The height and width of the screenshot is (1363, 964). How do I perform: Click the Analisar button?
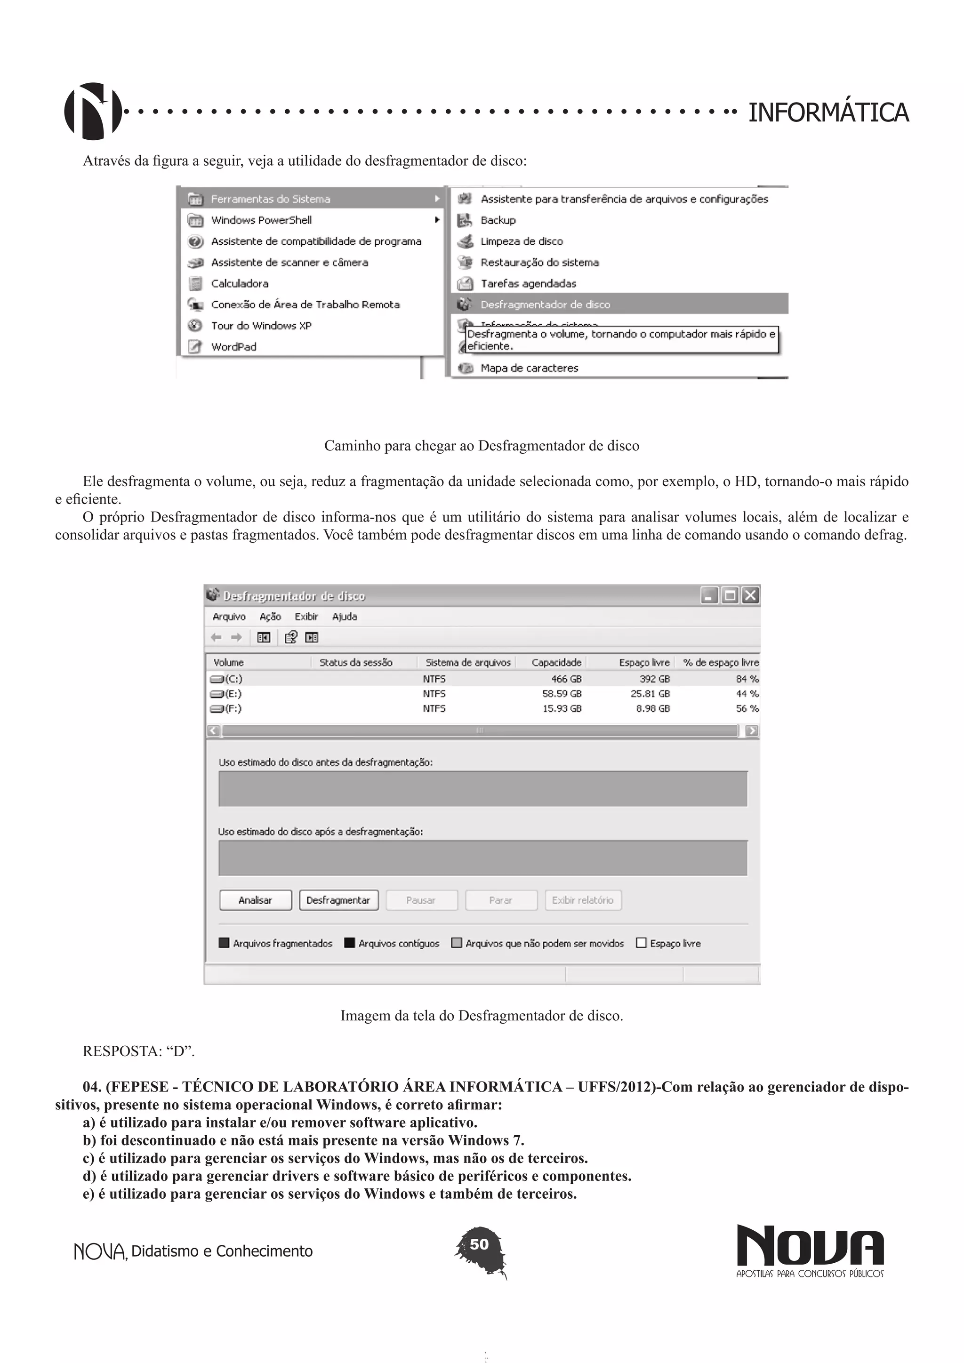255,900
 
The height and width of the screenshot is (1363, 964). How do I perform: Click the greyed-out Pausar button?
421,900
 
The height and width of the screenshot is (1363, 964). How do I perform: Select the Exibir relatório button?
582,900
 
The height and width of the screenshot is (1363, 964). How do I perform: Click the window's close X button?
750,595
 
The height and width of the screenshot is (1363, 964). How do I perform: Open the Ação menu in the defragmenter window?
270,616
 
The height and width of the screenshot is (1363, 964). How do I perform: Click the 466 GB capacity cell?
566,679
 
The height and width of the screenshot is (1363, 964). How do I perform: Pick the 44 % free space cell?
747,693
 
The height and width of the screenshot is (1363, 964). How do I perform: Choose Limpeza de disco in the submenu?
521,241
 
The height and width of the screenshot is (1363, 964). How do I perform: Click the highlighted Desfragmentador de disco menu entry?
545,305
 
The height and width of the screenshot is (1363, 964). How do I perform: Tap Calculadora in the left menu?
239,283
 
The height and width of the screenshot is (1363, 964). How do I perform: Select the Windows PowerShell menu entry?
261,220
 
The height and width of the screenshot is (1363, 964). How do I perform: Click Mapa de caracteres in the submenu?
529,368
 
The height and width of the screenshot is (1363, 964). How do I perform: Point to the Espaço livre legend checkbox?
641,943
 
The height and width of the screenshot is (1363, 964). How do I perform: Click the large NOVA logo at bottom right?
810,1245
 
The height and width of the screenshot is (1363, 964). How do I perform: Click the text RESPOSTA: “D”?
139,1051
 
